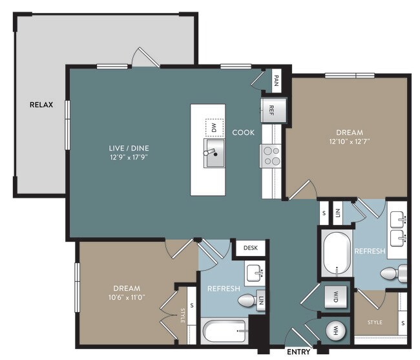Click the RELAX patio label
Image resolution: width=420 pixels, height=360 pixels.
tap(41, 105)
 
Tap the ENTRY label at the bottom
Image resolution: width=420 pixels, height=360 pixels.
tap(299, 352)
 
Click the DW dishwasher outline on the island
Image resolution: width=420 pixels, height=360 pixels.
tap(215, 127)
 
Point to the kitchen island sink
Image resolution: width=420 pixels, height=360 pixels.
tap(215, 153)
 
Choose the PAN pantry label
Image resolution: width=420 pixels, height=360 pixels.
tap(277, 81)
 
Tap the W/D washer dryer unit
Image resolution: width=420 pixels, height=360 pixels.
tap(335, 297)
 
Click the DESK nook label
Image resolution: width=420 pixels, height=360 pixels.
tap(251, 248)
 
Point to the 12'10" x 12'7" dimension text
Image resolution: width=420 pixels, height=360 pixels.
tap(350, 141)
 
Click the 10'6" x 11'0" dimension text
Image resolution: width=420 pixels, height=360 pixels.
tap(127, 297)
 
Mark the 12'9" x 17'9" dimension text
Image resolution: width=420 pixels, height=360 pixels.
tap(129, 157)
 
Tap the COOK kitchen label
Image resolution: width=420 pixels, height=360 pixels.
tap(243, 132)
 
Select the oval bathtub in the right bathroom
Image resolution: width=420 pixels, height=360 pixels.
tap(337, 253)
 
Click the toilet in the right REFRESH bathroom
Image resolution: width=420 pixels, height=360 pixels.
tap(394, 273)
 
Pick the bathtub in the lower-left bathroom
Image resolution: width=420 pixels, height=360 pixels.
tap(224, 330)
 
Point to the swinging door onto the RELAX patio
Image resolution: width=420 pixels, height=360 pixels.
tap(146, 58)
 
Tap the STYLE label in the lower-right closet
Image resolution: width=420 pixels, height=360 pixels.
tap(375, 323)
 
